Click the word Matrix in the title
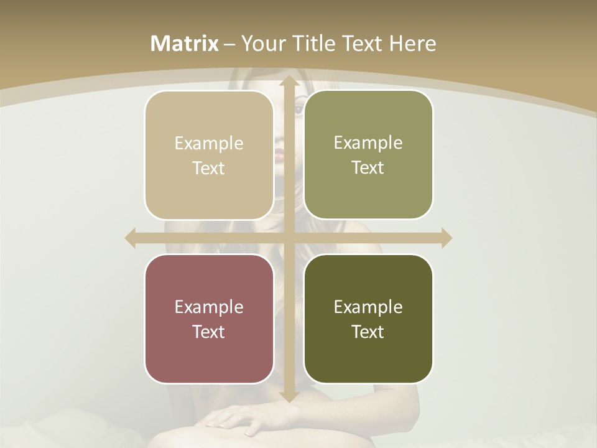pyautogui.click(x=185, y=44)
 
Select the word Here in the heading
pyautogui.click(x=413, y=44)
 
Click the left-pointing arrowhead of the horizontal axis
pyautogui.click(x=131, y=238)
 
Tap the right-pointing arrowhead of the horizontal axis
pyautogui.click(x=446, y=238)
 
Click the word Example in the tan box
pyautogui.click(x=209, y=143)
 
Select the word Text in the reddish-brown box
pyautogui.click(x=209, y=332)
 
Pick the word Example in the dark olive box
pyautogui.click(x=368, y=307)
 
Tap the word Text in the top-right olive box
pyautogui.click(x=368, y=167)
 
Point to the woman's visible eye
pyautogui.click(x=299, y=110)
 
